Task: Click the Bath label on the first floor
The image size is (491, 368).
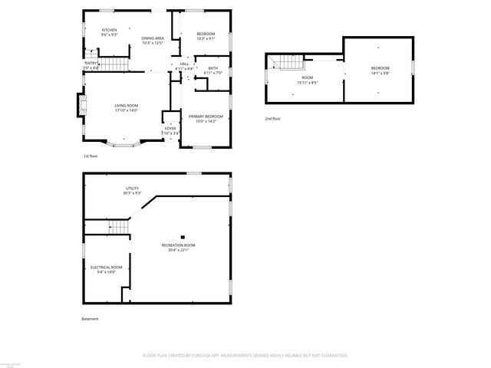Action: tap(212, 71)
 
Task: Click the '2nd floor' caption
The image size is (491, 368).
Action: tap(273, 119)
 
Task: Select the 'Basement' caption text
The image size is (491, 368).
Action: tap(91, 318)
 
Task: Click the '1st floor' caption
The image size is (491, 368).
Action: tap(91, 156)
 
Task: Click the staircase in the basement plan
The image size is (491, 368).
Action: tap(117, 226)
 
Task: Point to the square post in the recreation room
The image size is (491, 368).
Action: tap(182, 236)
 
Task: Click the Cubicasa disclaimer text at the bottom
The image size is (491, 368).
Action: tap(245, 355)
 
